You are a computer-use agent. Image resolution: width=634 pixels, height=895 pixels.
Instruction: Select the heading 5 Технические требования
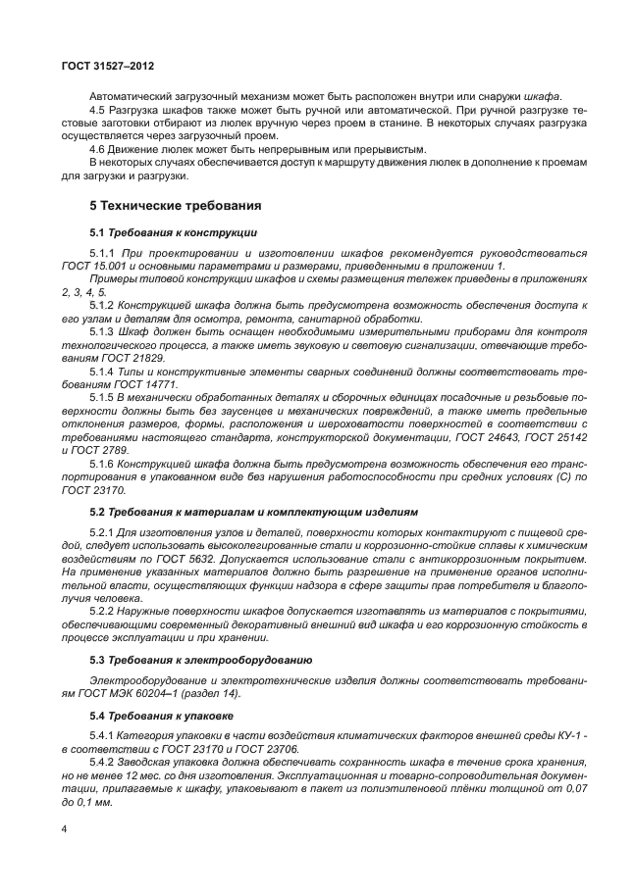pos(175,206)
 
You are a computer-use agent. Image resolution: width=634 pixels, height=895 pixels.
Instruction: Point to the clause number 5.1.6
pos(102,462)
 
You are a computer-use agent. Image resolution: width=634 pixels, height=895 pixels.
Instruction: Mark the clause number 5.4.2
pos(102,762)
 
